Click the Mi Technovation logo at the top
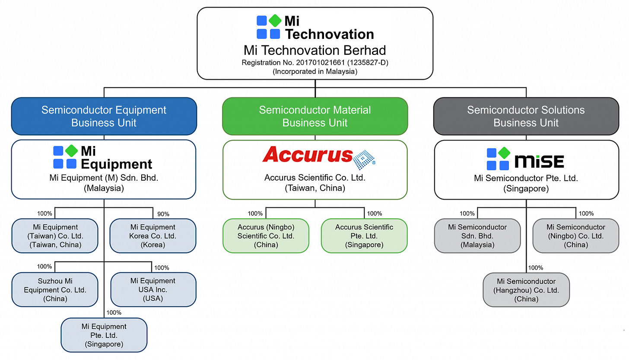pos(315,28)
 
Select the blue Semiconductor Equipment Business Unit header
pos(104,116)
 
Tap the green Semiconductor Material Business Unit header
pos(315,116)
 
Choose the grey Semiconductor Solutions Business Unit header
pos(526,116)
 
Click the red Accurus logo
pos(319,156)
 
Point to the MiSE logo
pos(525,159)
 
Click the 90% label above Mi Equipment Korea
pos(163,214)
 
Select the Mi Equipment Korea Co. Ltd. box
pos(152,236)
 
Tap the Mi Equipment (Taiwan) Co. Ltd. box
pos(55,236)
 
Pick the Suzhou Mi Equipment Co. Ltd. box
pos(55,290)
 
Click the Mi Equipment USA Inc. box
pos(153,290)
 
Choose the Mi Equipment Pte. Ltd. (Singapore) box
pos(104,335)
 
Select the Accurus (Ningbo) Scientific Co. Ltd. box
pos(266,236)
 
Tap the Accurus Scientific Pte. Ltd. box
pos(364,236)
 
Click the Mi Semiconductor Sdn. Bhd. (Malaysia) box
pos(477,236)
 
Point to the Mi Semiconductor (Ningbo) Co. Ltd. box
pos(575,236)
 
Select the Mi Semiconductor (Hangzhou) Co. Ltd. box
pos(526,290)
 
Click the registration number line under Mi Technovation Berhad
pos(315,63)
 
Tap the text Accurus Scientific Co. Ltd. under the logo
pos(315,178)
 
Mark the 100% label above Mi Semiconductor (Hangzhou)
pos(536,268)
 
